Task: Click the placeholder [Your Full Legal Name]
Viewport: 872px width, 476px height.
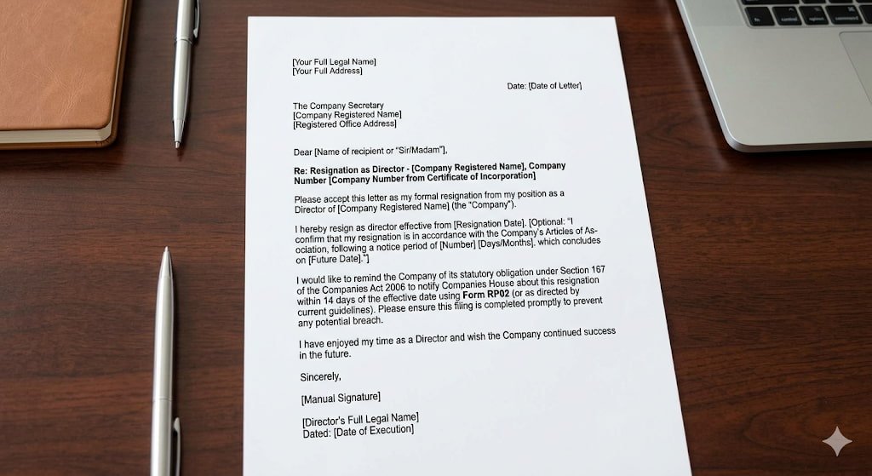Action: pyautogui.click(x=334, y=62)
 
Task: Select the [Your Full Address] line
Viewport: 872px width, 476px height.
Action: pyautogui.click(x=327, y=72)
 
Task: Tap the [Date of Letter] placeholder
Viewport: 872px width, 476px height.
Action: pyautogui.click(x=555, y=86)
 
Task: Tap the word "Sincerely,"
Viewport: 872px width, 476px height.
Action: pyautogui.click(x=320, y=376)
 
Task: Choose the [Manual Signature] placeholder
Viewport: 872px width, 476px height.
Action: pyautogui.click(x=341, y=398)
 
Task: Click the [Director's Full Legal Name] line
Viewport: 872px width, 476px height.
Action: pyautogui.click(x=360, y=418)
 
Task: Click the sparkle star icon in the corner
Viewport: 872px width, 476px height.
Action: pyautogui.click(x=837, y=442)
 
